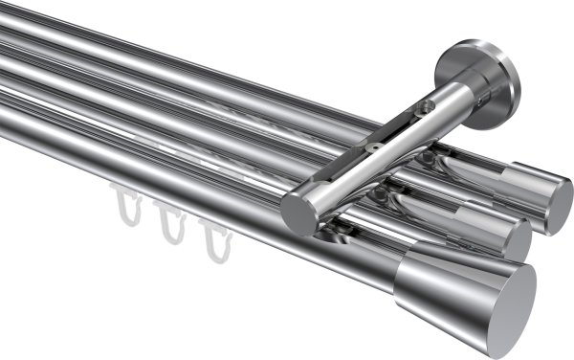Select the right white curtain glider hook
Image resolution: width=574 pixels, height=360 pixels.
coord(214,239)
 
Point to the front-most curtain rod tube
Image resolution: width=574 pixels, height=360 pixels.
coord(191,201)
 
